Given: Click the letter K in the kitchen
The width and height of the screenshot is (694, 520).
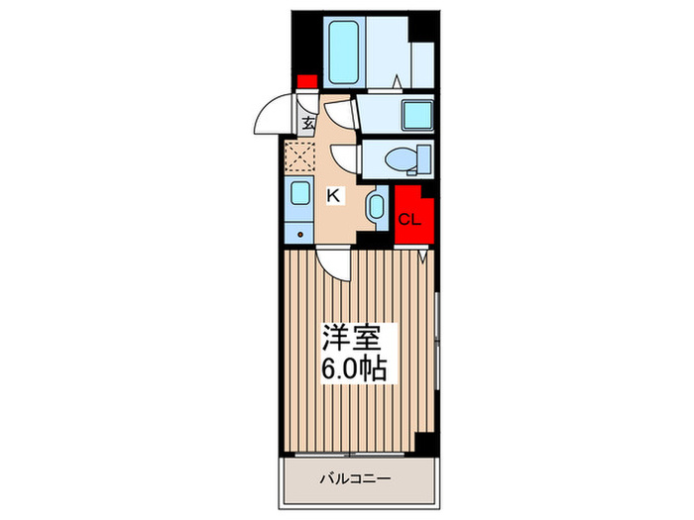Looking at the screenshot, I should pos(334,195).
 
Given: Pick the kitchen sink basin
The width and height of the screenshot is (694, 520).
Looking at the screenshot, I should pos(299,193).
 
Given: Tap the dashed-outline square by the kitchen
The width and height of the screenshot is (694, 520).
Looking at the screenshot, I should pos(298,157).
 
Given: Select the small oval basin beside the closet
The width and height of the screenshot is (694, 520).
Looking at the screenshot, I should pos(376,207).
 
